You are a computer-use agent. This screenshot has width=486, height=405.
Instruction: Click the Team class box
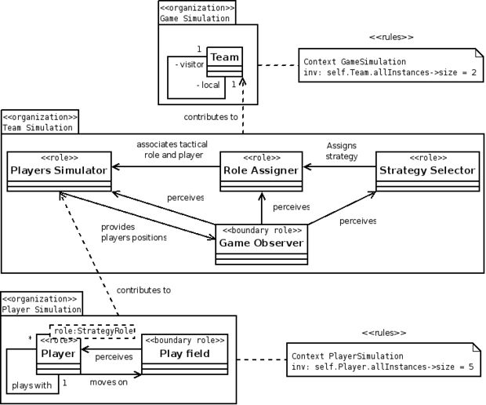point(225,62)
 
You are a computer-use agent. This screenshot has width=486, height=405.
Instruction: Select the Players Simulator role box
point(60,171)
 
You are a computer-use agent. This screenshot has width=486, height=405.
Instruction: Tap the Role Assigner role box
point(261,171)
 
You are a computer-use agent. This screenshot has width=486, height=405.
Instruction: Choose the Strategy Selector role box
point(428,171)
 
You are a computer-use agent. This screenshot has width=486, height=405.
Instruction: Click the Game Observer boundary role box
point(262,245)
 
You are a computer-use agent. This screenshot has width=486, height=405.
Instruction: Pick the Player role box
point(58,354)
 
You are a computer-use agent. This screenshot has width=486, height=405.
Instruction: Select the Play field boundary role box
point(185,354)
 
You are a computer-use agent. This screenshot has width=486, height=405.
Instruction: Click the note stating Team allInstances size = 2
point(391,65)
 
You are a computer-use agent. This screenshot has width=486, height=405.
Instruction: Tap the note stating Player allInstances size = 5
point(384,359)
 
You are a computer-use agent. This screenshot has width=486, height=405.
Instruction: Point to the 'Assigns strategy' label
point(342,151)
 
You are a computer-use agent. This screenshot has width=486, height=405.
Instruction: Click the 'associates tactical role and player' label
point(172,150)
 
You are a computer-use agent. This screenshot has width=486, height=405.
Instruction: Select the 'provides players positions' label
point(133,232)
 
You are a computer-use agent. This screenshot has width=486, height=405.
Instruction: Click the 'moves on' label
point(109,382)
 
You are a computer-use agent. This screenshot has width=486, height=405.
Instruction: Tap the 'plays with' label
point(31,385)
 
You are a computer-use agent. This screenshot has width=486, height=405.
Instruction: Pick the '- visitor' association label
point(190,64)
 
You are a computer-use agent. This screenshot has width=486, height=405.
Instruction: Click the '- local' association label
point(209,85)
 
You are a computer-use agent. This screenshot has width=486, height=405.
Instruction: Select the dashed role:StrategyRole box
point(92,331)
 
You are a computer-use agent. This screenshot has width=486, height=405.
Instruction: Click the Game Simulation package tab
point(197,13)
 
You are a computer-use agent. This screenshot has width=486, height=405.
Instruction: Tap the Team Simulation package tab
point(40,122)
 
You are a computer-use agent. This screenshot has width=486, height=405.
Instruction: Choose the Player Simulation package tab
point(42,304)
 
